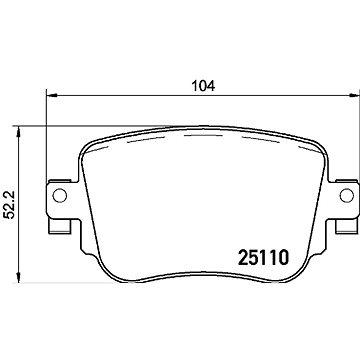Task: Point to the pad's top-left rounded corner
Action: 86,142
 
